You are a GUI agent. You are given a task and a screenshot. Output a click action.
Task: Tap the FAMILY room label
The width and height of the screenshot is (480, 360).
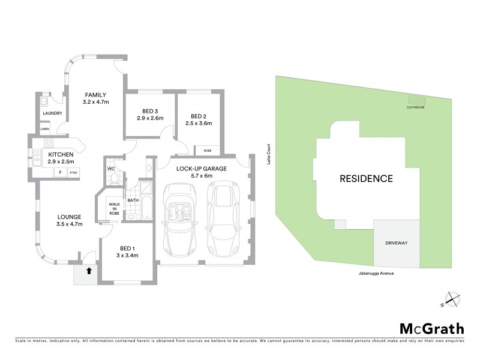95,95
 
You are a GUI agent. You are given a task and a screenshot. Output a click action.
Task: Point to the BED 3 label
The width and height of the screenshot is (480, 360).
150,110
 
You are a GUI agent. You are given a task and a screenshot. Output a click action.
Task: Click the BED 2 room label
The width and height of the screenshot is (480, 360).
199,116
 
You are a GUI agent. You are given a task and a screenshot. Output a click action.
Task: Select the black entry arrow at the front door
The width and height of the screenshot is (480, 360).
89,271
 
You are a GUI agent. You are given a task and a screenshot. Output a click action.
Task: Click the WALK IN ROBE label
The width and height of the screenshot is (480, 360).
114,208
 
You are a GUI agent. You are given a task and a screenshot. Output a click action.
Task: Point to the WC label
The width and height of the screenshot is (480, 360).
111,169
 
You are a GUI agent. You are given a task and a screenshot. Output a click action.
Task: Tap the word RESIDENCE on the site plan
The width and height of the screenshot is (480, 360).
366,178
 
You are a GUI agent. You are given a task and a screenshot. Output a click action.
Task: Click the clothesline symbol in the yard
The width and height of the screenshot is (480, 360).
415,100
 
